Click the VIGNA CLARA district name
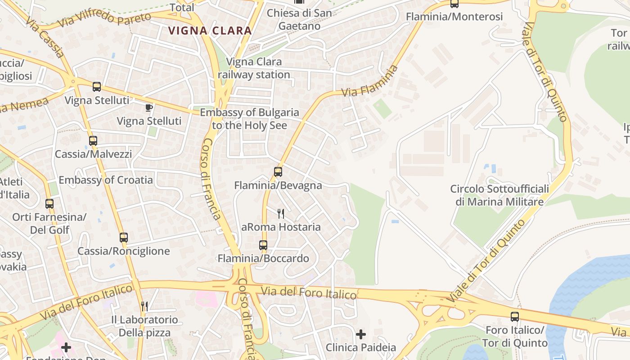(210, 31)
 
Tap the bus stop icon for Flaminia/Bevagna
(278, 171)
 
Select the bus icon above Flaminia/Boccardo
(263, 245)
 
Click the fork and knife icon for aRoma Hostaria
(281, 213)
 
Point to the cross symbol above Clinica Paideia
(361, 334)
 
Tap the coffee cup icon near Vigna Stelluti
(149, 108)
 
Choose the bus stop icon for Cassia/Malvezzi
(93, 141)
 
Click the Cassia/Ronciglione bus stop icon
(124, 237)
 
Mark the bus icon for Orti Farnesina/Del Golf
(49, 203)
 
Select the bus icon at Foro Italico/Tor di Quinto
(515, 316)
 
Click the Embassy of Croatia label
(106, 180)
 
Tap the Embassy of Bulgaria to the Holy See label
(249, 119)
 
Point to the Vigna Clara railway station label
(254, 68)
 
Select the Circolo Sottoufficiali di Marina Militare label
(499, 195)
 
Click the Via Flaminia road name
(370, 81)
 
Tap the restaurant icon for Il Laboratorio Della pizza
(144, 306)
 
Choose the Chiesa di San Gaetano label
(299, 19)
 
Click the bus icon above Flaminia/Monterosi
(454, 4)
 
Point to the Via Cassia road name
(45, 38)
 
